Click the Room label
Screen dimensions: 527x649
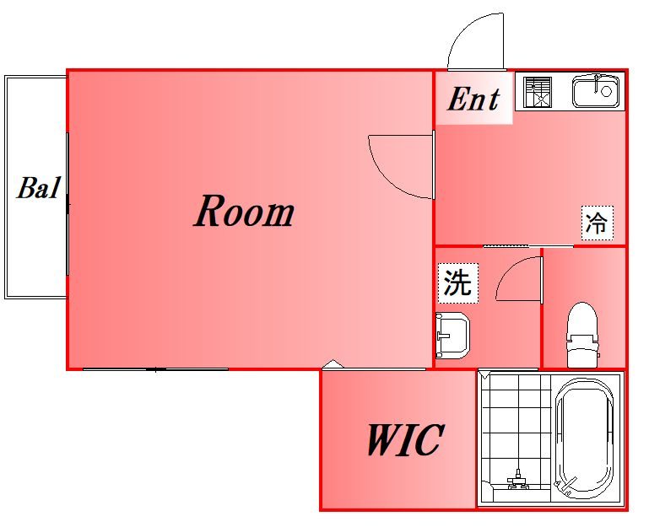[244, 212]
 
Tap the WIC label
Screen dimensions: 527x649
[404, 439]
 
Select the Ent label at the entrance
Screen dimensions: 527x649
[473, 99]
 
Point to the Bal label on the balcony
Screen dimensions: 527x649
[39, 188]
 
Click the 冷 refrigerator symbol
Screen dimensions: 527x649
[597, 223]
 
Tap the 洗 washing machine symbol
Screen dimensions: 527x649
[457, 282]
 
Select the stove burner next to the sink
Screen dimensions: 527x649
[537, 91]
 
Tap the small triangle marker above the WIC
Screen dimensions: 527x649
[333, 365]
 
